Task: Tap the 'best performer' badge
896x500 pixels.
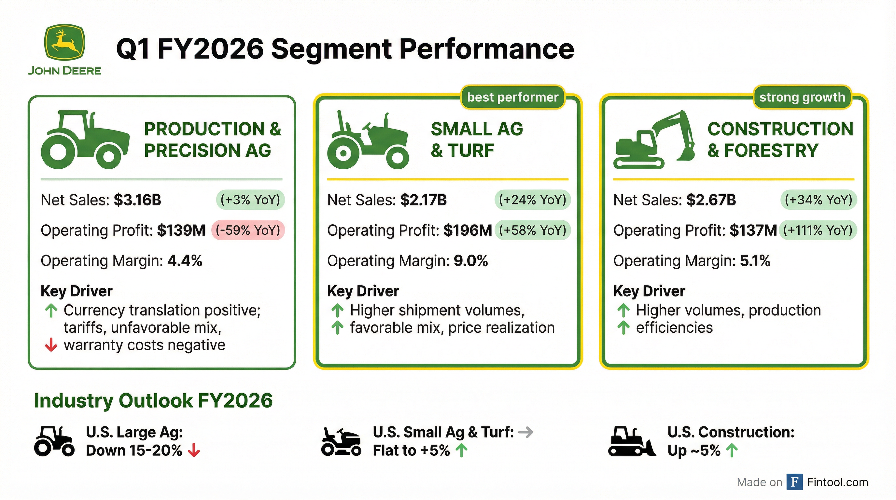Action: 512,97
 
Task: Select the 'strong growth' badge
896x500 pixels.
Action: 802,97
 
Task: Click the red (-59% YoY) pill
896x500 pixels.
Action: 248,230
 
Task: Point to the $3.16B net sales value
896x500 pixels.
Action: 137,200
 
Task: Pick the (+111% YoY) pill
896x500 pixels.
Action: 818,230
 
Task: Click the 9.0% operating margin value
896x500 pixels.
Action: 470,261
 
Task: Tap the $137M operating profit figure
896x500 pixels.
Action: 753,230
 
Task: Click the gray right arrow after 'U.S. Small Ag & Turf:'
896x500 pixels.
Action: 525,432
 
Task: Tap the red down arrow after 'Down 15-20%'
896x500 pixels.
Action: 194,451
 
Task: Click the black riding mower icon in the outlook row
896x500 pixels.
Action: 341,442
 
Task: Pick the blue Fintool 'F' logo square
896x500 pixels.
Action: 795,482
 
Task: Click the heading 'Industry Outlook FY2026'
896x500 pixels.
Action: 153,401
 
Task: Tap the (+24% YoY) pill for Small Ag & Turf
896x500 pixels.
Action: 533,200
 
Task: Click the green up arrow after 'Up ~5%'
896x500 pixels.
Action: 732,451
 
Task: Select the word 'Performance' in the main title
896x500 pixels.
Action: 487,49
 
